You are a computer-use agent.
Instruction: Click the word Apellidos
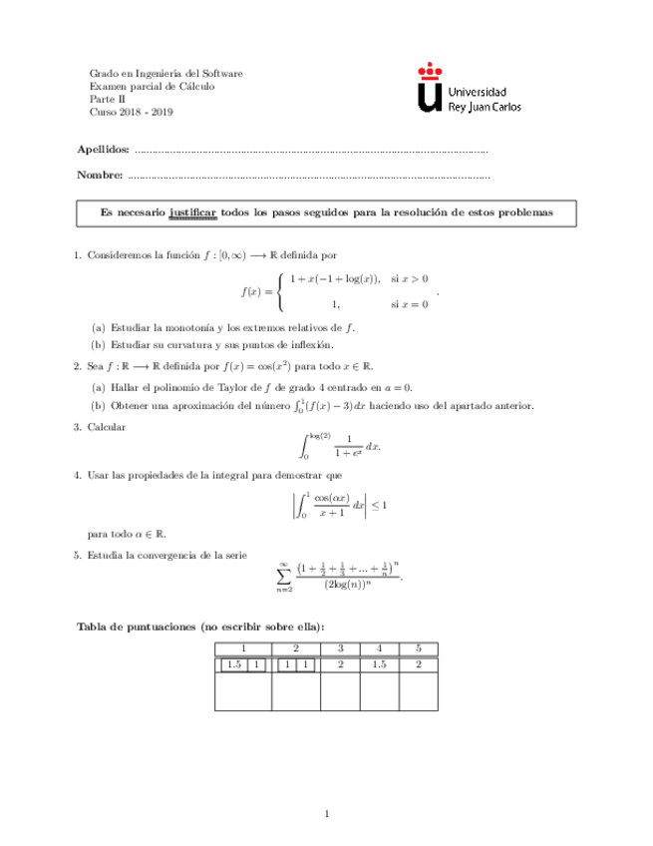103,149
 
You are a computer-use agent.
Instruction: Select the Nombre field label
99,176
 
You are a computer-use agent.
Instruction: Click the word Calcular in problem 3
108,427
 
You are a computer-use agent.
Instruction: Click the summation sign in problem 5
284,577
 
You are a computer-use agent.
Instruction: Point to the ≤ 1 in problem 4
379,506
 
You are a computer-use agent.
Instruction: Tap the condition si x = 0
409,303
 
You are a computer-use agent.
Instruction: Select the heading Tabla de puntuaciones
137,626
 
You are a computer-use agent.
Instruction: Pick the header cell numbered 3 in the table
341,647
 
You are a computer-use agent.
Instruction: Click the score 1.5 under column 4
380,663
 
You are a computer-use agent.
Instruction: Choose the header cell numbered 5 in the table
419,647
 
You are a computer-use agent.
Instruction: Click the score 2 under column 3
341,663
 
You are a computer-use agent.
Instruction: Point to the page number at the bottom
326,815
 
